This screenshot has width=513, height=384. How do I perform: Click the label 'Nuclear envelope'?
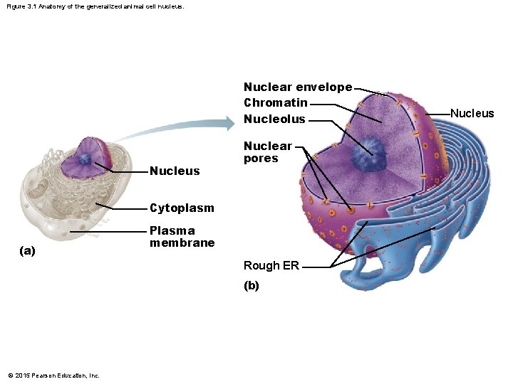(x=297, y=87)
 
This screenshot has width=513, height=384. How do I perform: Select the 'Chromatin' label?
(x=275, y=103)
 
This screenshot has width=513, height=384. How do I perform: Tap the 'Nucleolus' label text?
(x=274, y=119)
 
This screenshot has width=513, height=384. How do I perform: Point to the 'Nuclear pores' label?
(x=268, y=152)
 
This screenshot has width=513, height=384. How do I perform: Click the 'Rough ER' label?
(x=271, y=266)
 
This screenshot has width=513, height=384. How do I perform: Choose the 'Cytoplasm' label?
(x=182, y=208)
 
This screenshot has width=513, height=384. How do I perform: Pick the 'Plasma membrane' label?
(x=182, y=237)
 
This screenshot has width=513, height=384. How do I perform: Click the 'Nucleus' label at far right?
(x=472, y=114)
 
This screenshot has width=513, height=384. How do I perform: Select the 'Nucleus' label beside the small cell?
(x=175, y=171)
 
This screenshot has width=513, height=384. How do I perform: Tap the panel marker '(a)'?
(x=28, y=251)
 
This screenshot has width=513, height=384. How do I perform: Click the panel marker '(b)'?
(x=252, y=286)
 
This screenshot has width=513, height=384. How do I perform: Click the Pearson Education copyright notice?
(x=53, y=375)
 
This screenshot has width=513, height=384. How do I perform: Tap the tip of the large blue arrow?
(x=232, y=124)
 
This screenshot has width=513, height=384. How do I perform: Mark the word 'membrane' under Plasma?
(x=182, y=242)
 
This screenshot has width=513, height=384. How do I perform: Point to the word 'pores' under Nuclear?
(x=261, y=159)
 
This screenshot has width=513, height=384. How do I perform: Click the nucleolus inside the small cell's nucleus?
(x=85, y=160)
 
